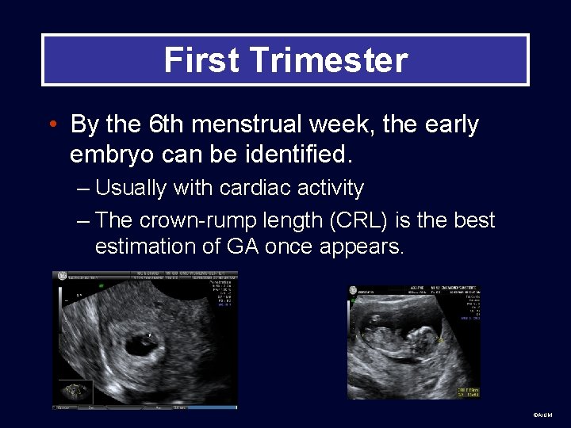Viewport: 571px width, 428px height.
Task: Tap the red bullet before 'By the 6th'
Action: click(x=52, y=125)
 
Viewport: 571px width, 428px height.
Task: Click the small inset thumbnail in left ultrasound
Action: click(x=73, y=391)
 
